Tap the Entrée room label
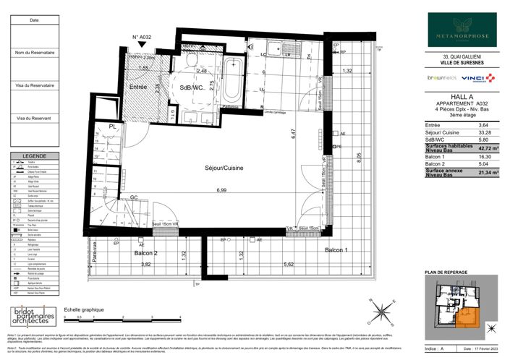coord(139,87)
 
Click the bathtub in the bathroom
coord(234,84)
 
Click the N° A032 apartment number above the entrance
coord(143,37)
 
